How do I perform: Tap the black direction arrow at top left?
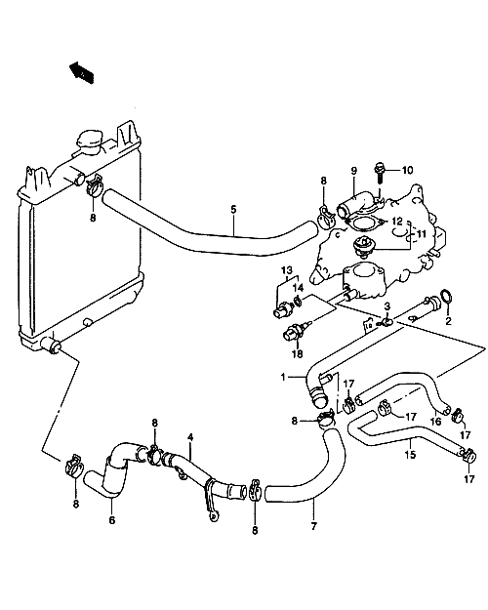pos(81,72)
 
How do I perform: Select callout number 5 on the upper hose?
pos(233,209)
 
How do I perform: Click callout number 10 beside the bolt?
pos(407,171)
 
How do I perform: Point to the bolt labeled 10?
pos(379,174)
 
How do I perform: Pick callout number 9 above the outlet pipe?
pos(353,171)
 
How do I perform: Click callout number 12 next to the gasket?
pos(397,222)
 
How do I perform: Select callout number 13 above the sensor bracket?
pos(286,270)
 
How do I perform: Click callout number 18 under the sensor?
pos(298,354)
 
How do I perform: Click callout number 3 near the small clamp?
pos(386,306)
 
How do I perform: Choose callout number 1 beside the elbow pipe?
pos(283,377)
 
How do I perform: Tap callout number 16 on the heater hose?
pos(436,421)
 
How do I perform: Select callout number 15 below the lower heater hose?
pos(410,454)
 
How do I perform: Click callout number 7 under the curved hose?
pos(313,526)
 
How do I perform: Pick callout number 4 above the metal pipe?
pos(190,437)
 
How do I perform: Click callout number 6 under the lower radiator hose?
pos(112,520)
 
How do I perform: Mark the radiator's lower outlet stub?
pos(51,345)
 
